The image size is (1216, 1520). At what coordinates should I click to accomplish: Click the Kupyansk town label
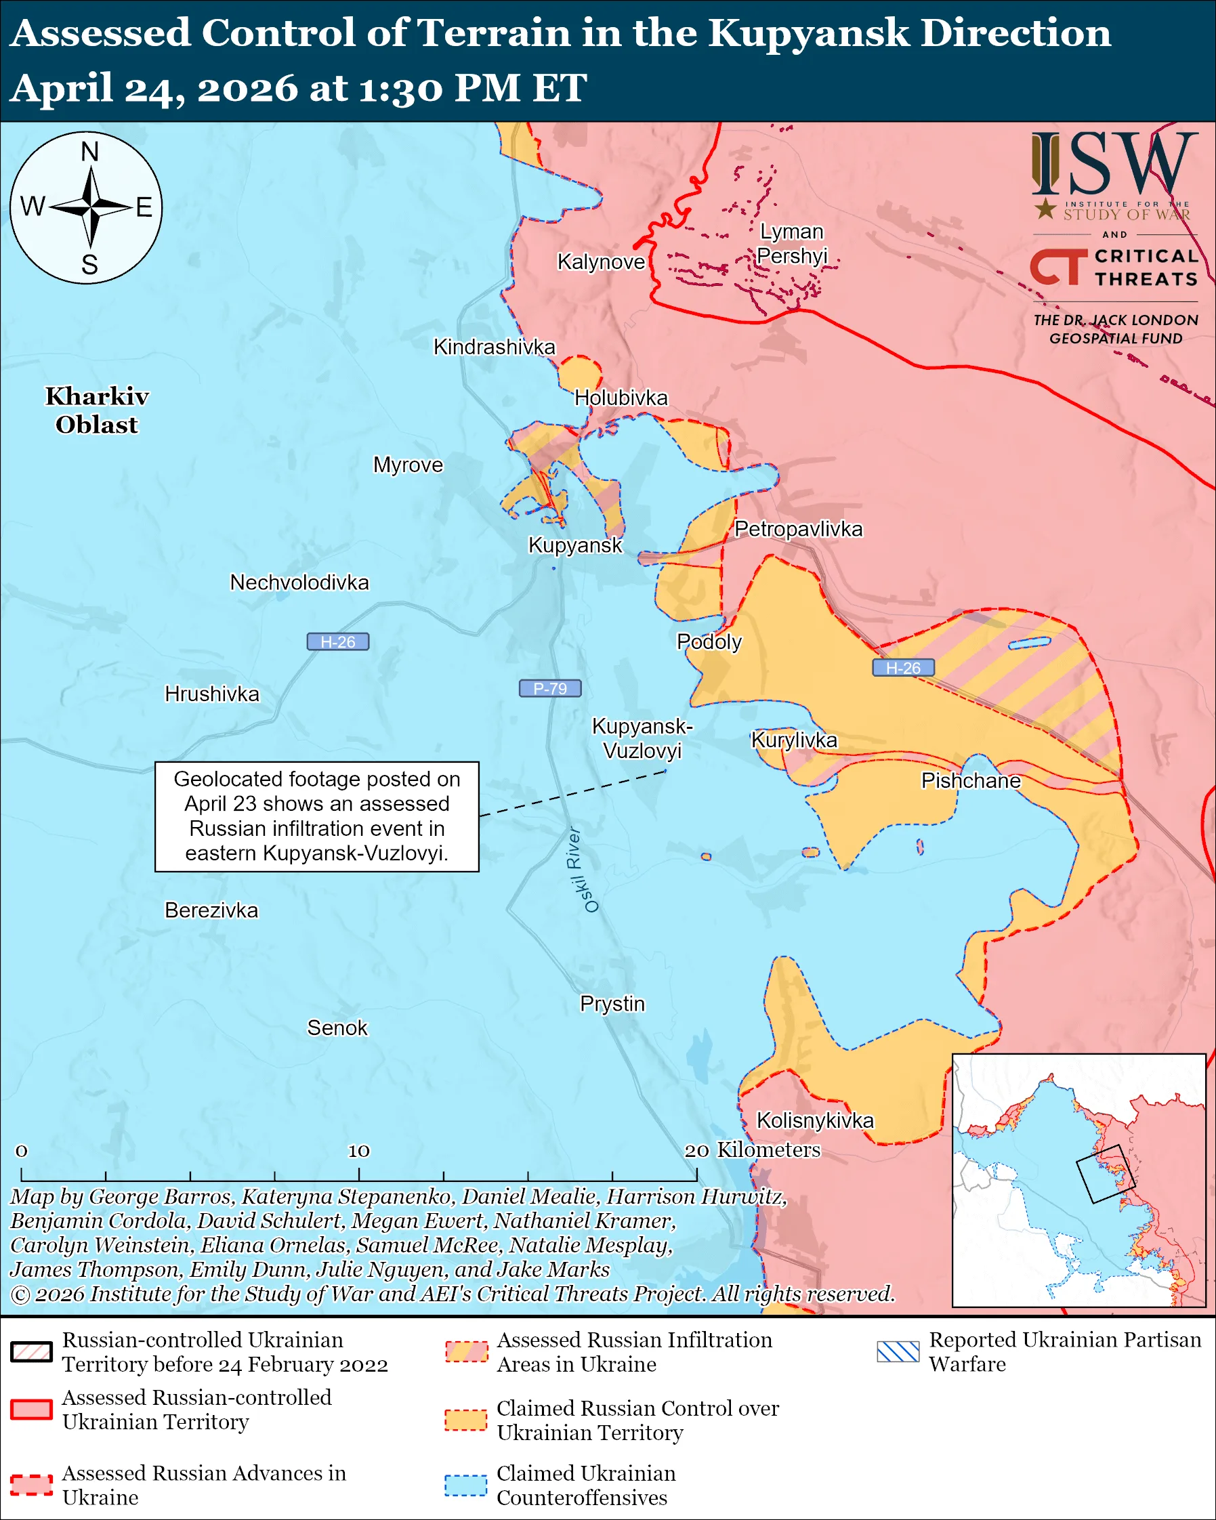pyautogui.click(x=575, y=545)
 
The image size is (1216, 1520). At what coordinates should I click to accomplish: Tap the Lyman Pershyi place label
pyautogui.click(x=792, y=243)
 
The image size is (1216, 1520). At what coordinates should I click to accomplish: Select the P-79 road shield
pyautogui.click(x=550, y=688)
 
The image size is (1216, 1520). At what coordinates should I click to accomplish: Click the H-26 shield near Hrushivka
pyautogui.click(x=337, y=641)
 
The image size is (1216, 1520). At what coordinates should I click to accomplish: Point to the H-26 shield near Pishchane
pyautogui.click(x=903, y=667)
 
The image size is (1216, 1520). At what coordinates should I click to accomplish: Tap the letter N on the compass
pyautogui.click(x=89, y=152)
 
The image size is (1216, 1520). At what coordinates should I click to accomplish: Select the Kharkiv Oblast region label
pyautogui.click(x=97, y=410)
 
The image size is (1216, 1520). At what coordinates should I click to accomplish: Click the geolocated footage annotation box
pyautogui.click(x=316, y=816)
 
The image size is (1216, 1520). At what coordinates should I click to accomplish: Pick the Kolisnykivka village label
pyautogui.click(x=814, y=1120)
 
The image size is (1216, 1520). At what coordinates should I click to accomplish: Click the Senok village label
pyautogui.click(x=337, y=1028)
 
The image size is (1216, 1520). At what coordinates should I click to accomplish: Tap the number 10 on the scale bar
pyautogui.click(x=358, y=1151)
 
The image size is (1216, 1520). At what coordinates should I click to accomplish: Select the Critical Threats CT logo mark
pyautogui.click(x=1058, y=266)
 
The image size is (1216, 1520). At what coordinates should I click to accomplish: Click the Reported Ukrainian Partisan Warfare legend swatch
pyautogui.click(x=898, y=1351)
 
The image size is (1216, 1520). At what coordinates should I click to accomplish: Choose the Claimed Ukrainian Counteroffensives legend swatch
pyautogui.click(x=465, y=1485)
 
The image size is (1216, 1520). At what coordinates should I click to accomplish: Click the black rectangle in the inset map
pyautogui.click(x=1105, y=1174)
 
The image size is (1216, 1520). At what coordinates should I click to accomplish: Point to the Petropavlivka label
pyautogui.click(x=798, y=529)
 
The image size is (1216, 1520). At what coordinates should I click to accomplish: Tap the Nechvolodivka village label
pyautogui.click(x=299, y=583)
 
